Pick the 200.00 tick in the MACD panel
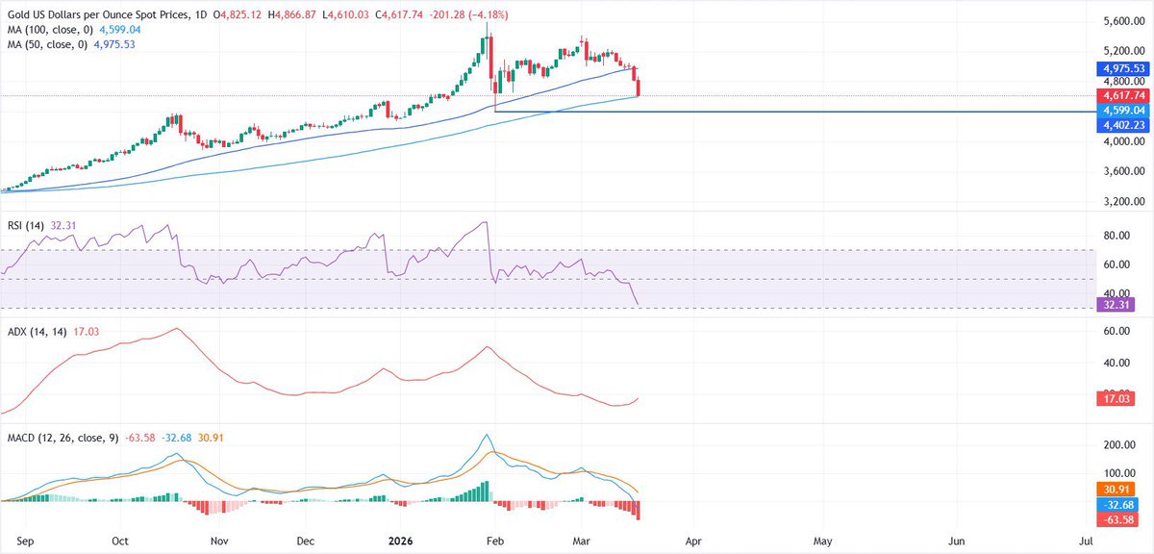click(x=1117, y=445)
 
